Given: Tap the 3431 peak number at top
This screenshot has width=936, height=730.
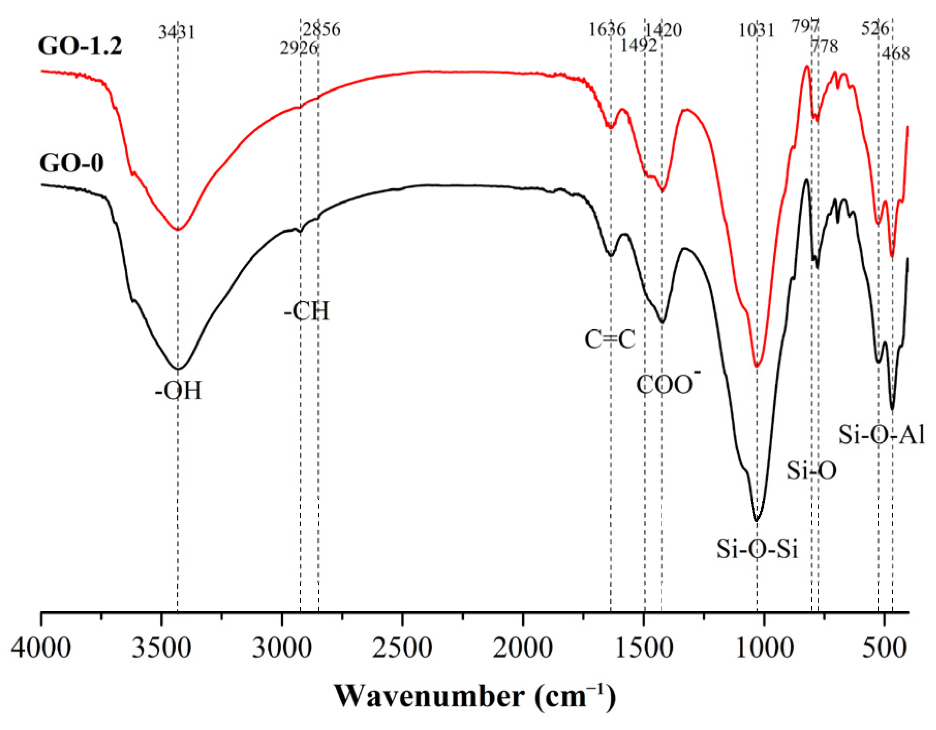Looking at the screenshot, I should point(177,33).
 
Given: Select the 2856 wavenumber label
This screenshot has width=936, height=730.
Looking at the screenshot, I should point(322,29).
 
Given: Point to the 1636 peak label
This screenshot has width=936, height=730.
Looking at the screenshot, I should point(607,29).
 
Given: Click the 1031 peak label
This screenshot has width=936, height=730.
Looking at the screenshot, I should point(757,31).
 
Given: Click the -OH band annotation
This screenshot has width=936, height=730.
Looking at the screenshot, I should point(178,391).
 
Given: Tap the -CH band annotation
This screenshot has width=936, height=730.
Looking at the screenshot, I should point(306,311).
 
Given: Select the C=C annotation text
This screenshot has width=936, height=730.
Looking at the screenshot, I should point(610,340).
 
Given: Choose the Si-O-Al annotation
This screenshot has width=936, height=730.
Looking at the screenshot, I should point(881,435).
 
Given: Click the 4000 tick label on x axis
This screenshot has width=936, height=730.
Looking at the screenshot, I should point(41,648).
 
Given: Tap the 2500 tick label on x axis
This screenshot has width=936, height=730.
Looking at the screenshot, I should point(403,648).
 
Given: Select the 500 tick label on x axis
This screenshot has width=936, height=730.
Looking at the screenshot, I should point(885,648).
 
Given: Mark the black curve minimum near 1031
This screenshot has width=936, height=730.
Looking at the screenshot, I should point(757,520).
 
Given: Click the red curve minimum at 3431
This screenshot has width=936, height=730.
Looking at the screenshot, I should point(178,229).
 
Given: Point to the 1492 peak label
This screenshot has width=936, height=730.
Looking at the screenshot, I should point(639,46).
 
